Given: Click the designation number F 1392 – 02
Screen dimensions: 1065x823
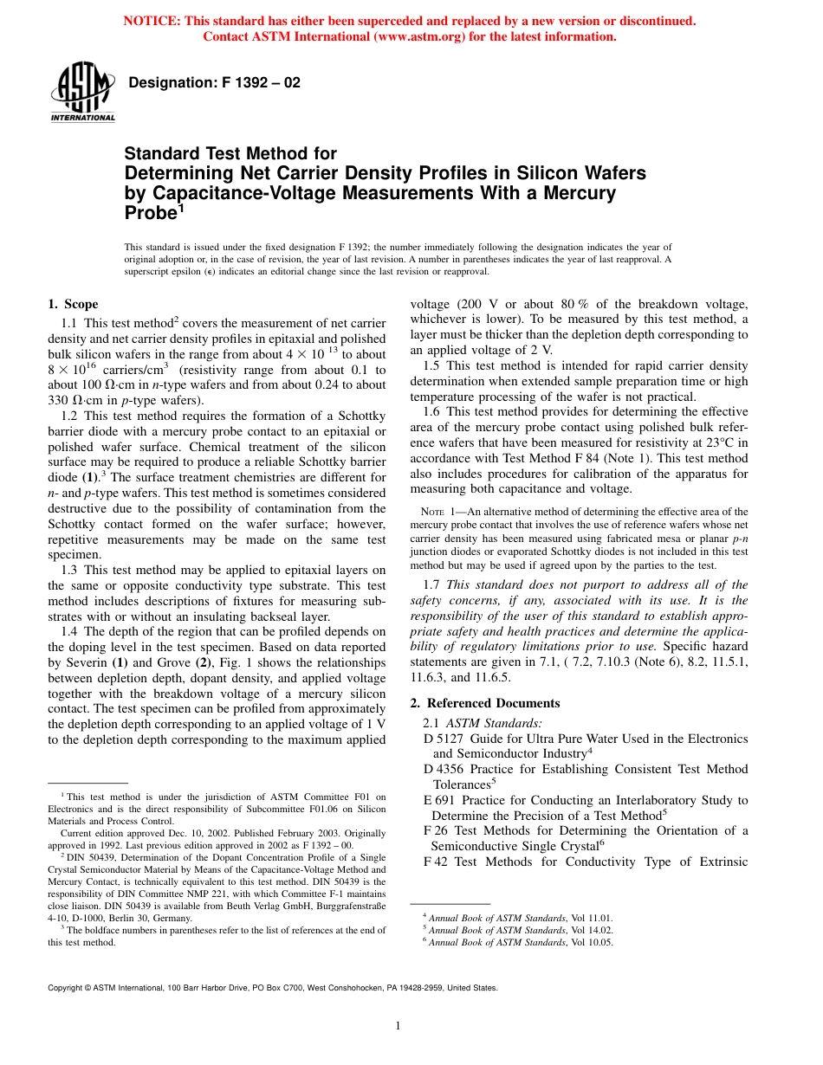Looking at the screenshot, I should click(x=214, y=83).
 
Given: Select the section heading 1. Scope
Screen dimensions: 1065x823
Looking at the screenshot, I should click(x=73, y=304).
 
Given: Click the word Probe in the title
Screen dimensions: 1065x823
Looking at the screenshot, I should click(x=149, y=213).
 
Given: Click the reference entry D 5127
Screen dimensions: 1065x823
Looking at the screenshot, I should click(x=441, y=739).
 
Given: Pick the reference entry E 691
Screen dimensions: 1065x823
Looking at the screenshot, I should click(x=437, y=800).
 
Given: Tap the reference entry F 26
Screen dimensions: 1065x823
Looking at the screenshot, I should click(x=435, y=830).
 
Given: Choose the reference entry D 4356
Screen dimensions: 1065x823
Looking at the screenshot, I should click(x=441, y=769).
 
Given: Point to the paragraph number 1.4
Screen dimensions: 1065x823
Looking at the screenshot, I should click(x=70, y=632).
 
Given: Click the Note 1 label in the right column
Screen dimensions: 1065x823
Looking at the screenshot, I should click(x=444, y=513).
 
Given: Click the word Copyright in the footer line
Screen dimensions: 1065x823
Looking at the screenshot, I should click(x=66, y=987).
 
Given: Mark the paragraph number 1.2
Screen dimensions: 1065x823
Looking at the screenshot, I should click(x=70, y=416).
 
